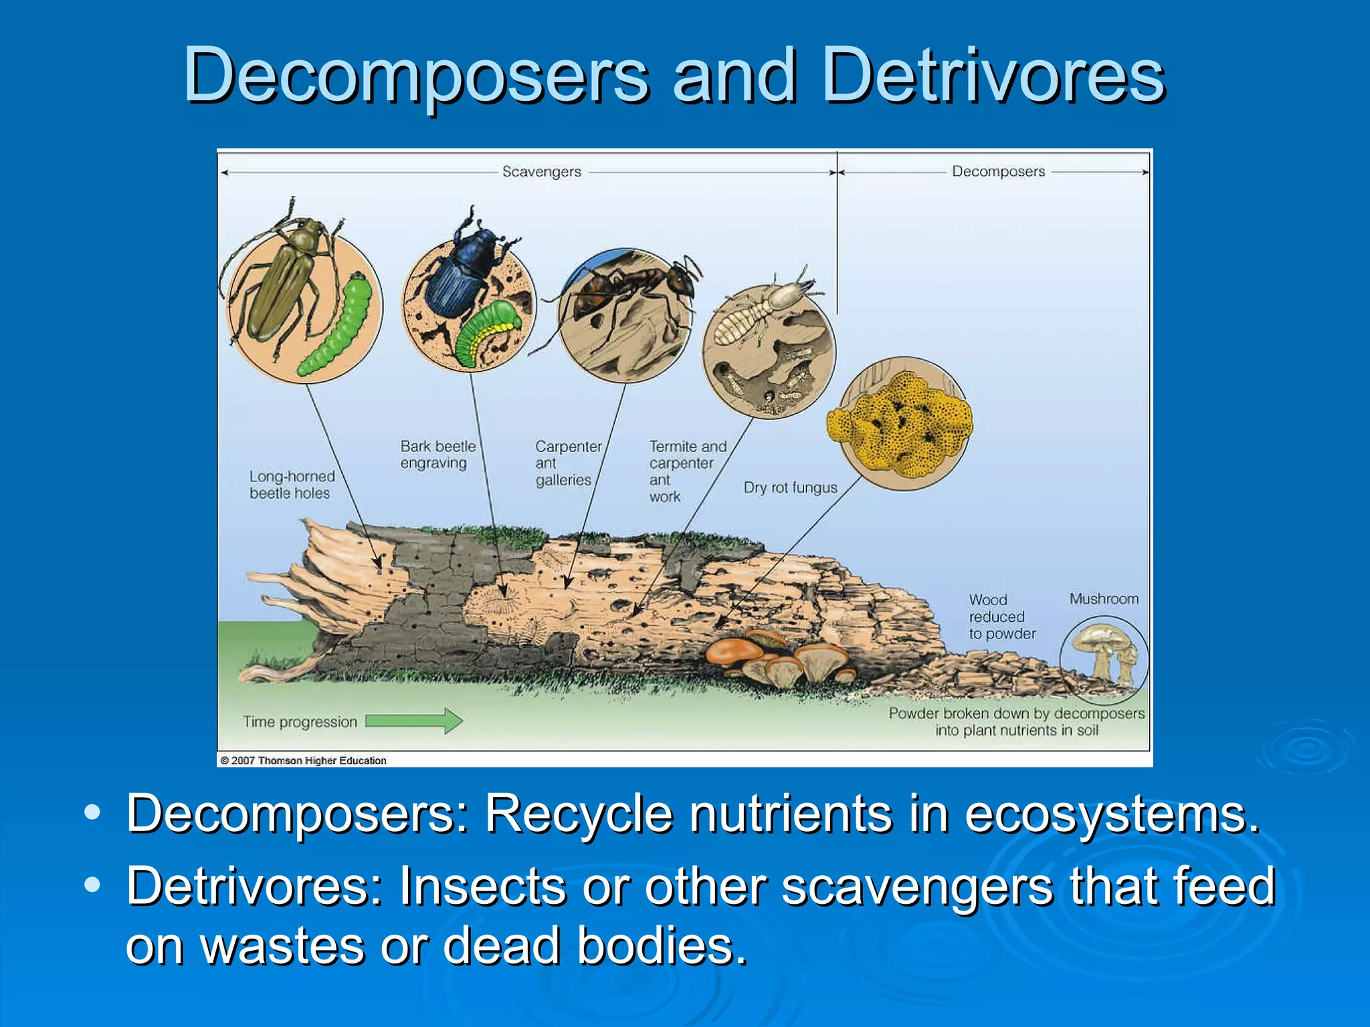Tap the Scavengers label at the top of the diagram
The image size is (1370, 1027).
[x=541, y=172]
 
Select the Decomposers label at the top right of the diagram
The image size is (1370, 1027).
[x=998, y=171]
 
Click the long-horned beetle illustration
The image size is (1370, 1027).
[x=281, y=281]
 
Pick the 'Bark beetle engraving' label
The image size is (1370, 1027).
[x=437, y=455]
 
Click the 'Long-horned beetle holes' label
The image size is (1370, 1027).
[x=292, y=485]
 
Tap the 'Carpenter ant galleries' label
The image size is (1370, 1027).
[x=567, y=463]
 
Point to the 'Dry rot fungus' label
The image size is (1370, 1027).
[x=790, y=487]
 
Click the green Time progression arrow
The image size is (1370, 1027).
[x=414, y=721]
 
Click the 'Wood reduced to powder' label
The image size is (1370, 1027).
[x=1001, y=616]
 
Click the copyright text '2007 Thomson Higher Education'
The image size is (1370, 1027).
[x=308, y=760]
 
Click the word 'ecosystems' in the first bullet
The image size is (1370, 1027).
[x=1110, y=814]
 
